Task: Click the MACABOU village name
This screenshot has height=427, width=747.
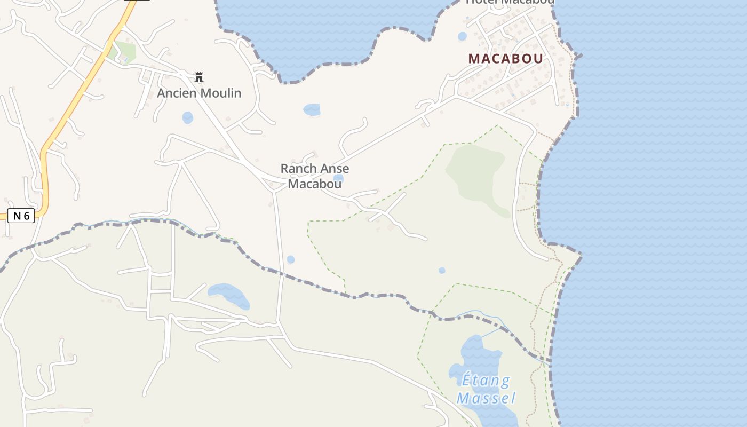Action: pos(505,59)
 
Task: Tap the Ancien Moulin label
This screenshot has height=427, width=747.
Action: pos(199,93)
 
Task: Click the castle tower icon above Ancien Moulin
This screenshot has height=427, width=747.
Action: pos(199,77)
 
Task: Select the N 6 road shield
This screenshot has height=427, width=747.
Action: pos(21,216)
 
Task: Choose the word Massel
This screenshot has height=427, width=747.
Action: pos(486,398)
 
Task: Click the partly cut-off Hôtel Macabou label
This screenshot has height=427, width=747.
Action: pos(510,2)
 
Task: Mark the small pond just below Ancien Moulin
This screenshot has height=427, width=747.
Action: pos(188,117)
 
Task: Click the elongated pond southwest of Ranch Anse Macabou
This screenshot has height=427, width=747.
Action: pos(229,295)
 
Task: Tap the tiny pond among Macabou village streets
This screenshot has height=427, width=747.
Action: pos(462,36)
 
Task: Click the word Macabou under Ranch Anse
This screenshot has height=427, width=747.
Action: pos(315,184)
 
